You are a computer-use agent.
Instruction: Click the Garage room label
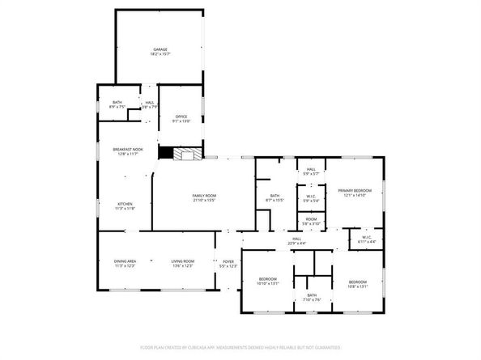[x=160, y=49]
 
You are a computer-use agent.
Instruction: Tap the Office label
[x=181, y=116]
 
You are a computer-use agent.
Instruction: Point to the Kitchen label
[x=125, y=203]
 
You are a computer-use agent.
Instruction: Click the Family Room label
[x=204, y=197]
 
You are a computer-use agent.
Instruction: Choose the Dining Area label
[x=125, y=261]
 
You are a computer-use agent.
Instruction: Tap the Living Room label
[x=182, y=261]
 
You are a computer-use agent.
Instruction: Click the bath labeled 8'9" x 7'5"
[x=117, y=102]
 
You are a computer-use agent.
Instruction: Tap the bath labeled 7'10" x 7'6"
[x=311, y=295]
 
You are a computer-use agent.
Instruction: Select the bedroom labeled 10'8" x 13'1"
[x=357, y=281]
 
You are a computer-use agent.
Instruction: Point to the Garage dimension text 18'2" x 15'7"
[x=160, y=54]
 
